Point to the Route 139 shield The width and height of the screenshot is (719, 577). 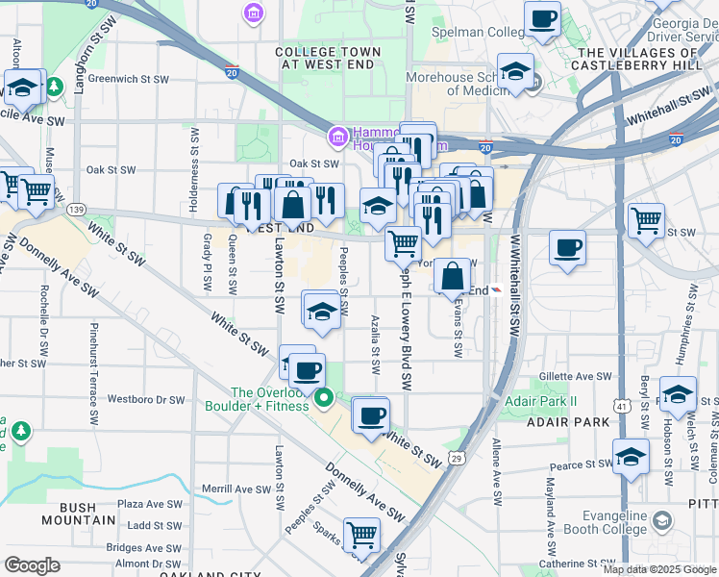(78, 209)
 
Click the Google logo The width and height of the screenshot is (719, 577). (32, 565)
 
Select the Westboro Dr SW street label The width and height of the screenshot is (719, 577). (145, 398)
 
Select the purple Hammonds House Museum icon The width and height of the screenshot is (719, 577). (337, 137)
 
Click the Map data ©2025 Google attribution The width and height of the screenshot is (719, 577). (658, 569)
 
